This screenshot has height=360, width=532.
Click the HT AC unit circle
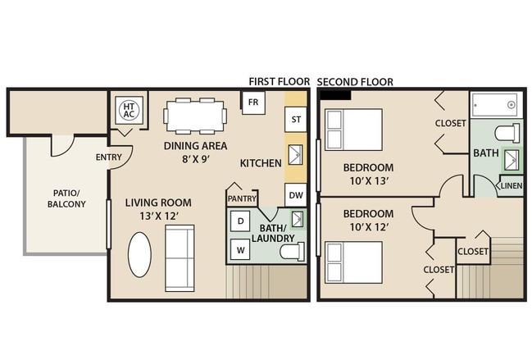pos(129,110)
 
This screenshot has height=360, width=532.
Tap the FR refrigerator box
pos(253,103)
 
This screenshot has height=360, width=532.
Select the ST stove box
pos(296,120)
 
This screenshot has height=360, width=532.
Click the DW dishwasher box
pos(296,195)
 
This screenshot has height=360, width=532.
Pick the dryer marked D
pos(240,221)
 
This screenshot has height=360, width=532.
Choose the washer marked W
pos(240,250)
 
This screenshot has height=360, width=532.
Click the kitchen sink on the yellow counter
pos(296,155)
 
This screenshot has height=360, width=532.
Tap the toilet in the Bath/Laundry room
pos(292,252)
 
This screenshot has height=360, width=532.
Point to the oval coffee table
pos(139,254)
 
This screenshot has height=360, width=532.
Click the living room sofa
pos(180,258)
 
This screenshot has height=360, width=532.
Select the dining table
pos(195,116)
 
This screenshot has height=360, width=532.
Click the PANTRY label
pos(242,198)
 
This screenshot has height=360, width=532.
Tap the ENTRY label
pos(108,157)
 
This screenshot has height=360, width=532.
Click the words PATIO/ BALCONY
pos(66,198)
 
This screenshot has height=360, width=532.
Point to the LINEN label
pos(512,185)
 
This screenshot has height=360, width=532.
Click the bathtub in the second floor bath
pos(496,105)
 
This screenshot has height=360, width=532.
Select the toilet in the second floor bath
pos(507,134)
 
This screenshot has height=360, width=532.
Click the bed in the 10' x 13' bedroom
pos(353,130)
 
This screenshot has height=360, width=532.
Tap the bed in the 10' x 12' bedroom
pos(353,262)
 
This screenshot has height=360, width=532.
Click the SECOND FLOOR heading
pos(355,82)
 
